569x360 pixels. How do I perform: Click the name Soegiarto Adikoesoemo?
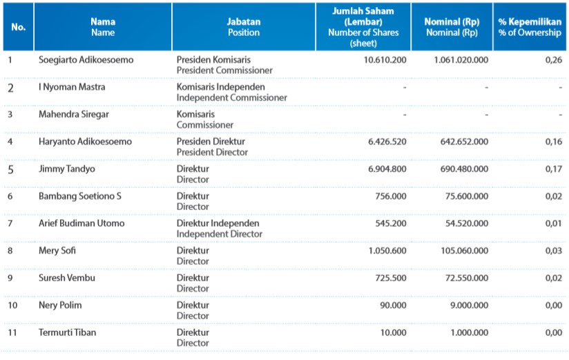click(x=86, y=59)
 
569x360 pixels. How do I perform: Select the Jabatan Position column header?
click(x=244, y=27)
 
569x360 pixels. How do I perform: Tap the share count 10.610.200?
click(x=385, y=60)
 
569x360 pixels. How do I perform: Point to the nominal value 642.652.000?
click(x=464, y=142)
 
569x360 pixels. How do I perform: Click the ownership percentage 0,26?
click(x=553, y=60)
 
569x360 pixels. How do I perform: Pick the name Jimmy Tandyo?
click(x=67, y=169)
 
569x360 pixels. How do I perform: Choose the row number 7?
click(x=10, y=223)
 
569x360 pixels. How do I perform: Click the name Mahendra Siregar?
click(x=74, y=115)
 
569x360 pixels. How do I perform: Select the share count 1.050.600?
click(x=387, y=251)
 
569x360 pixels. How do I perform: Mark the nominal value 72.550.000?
click(x=467, y=278)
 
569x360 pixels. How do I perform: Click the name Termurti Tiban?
click(x=68, y=332)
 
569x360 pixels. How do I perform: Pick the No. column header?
click(x=18, y=27)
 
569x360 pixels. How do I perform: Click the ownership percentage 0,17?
click(x=553, y=169)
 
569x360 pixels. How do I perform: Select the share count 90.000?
click(x=393, y=305)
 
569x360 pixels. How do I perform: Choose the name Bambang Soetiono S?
click(x=80, y=196)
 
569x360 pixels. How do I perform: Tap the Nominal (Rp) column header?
click(x=452, y=27)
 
